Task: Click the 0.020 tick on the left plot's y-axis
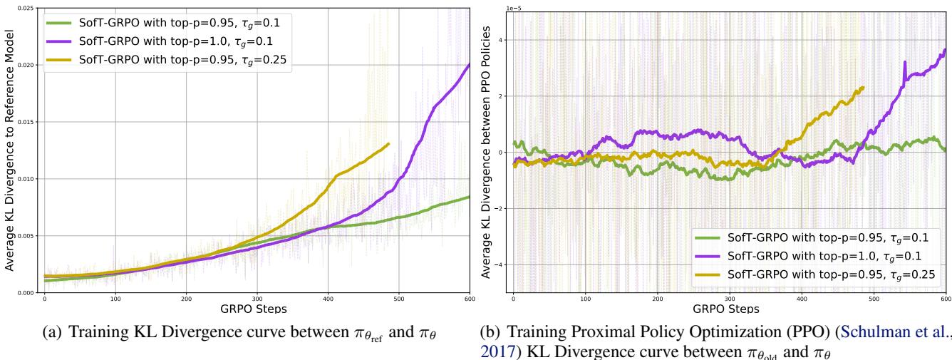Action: (26, 65)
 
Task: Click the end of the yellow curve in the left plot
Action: (388, 144)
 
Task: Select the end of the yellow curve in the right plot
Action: (863, 88)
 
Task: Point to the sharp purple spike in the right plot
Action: (904, 63)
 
